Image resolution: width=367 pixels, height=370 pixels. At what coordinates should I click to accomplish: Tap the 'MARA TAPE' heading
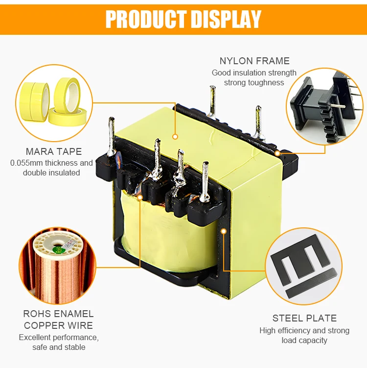[x=54, y=151]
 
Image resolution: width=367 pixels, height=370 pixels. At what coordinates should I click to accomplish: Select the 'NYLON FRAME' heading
[x=254, y=61]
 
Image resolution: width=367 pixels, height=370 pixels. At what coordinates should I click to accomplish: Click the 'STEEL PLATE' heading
[x=304, y=318]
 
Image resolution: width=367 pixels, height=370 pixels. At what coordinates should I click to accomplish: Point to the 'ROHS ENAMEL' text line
[x=58, y=314]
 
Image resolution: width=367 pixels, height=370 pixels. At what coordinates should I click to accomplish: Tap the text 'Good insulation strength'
[x=254, y=73]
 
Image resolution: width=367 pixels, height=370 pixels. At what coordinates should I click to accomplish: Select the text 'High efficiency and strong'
[x=304, y=330]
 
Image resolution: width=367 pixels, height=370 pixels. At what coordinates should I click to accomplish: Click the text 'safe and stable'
[x=59, y=347]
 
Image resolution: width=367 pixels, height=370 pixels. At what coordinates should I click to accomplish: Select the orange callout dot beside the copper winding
[x=140, y=197]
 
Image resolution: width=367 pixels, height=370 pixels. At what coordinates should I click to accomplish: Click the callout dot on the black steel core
[x=224, y=229]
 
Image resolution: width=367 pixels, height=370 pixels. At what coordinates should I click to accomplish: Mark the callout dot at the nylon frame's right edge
[x=277, y=153]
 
